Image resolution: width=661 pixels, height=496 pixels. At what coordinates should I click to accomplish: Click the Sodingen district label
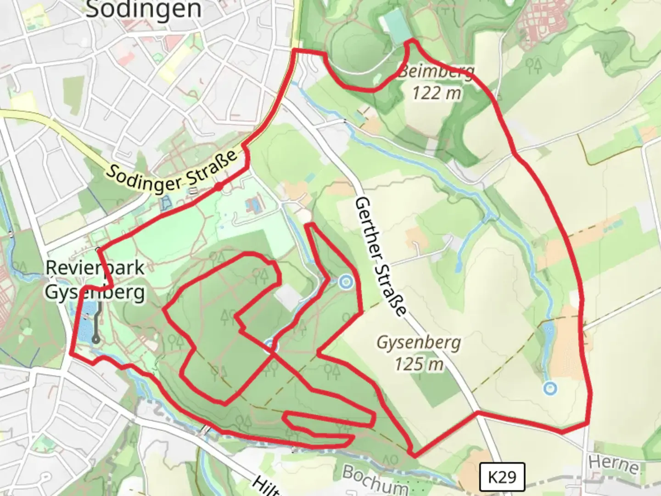click(x=144, y=10)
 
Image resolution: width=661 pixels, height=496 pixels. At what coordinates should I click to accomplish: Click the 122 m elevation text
click(x=436, y=93)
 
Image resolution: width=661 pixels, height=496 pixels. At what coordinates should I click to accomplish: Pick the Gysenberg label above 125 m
click(x=419, y=343)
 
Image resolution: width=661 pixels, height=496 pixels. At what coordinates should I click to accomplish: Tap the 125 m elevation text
click(x=419, y=364)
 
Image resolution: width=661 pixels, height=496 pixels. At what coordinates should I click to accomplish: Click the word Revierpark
click(x=95, y=268)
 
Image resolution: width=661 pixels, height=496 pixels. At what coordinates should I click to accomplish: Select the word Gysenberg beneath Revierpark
click(x=95, y=292)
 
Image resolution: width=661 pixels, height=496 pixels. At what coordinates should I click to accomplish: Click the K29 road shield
click(x=502, y=477)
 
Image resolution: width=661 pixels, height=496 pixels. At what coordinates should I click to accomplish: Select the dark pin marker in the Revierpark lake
click(x=96, y=339)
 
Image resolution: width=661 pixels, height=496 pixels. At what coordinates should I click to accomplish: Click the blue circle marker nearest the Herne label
click(x=550, y=389)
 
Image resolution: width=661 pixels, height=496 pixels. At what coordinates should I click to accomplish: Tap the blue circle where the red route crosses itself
click(x=271, y=344)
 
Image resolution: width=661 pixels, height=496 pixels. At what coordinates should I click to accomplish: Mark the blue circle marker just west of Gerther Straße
click(x=345, y=282)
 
